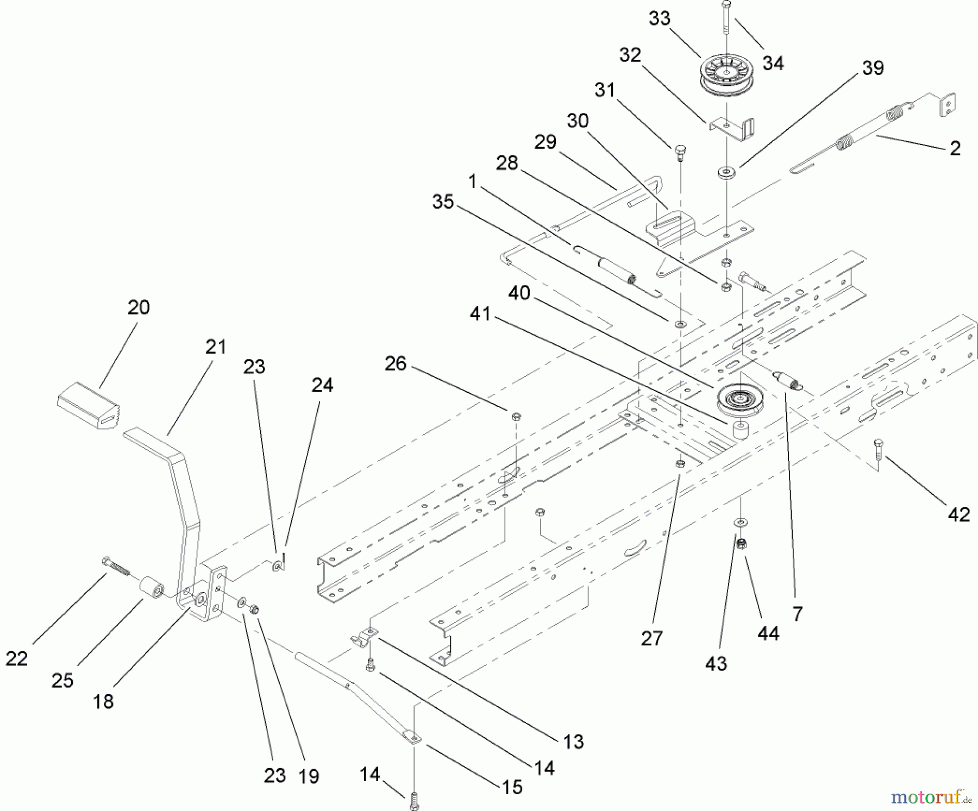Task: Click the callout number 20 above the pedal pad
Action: [x=139, y=307]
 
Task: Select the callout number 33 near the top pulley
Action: [x=660, y=18]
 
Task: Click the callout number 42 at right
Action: [x=958, y=514]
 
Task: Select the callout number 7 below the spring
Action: [x=797, y=614]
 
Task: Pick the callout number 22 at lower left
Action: [x=16, y=659]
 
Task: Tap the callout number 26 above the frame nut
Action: [x=395, y=363]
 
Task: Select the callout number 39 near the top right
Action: [x=873, y=68]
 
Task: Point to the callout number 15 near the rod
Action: [x=512, y=787]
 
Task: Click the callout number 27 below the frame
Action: [x=651, y=639]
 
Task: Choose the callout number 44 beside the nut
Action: [x=768, y=633]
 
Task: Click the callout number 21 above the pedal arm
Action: [x=216, y=347]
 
